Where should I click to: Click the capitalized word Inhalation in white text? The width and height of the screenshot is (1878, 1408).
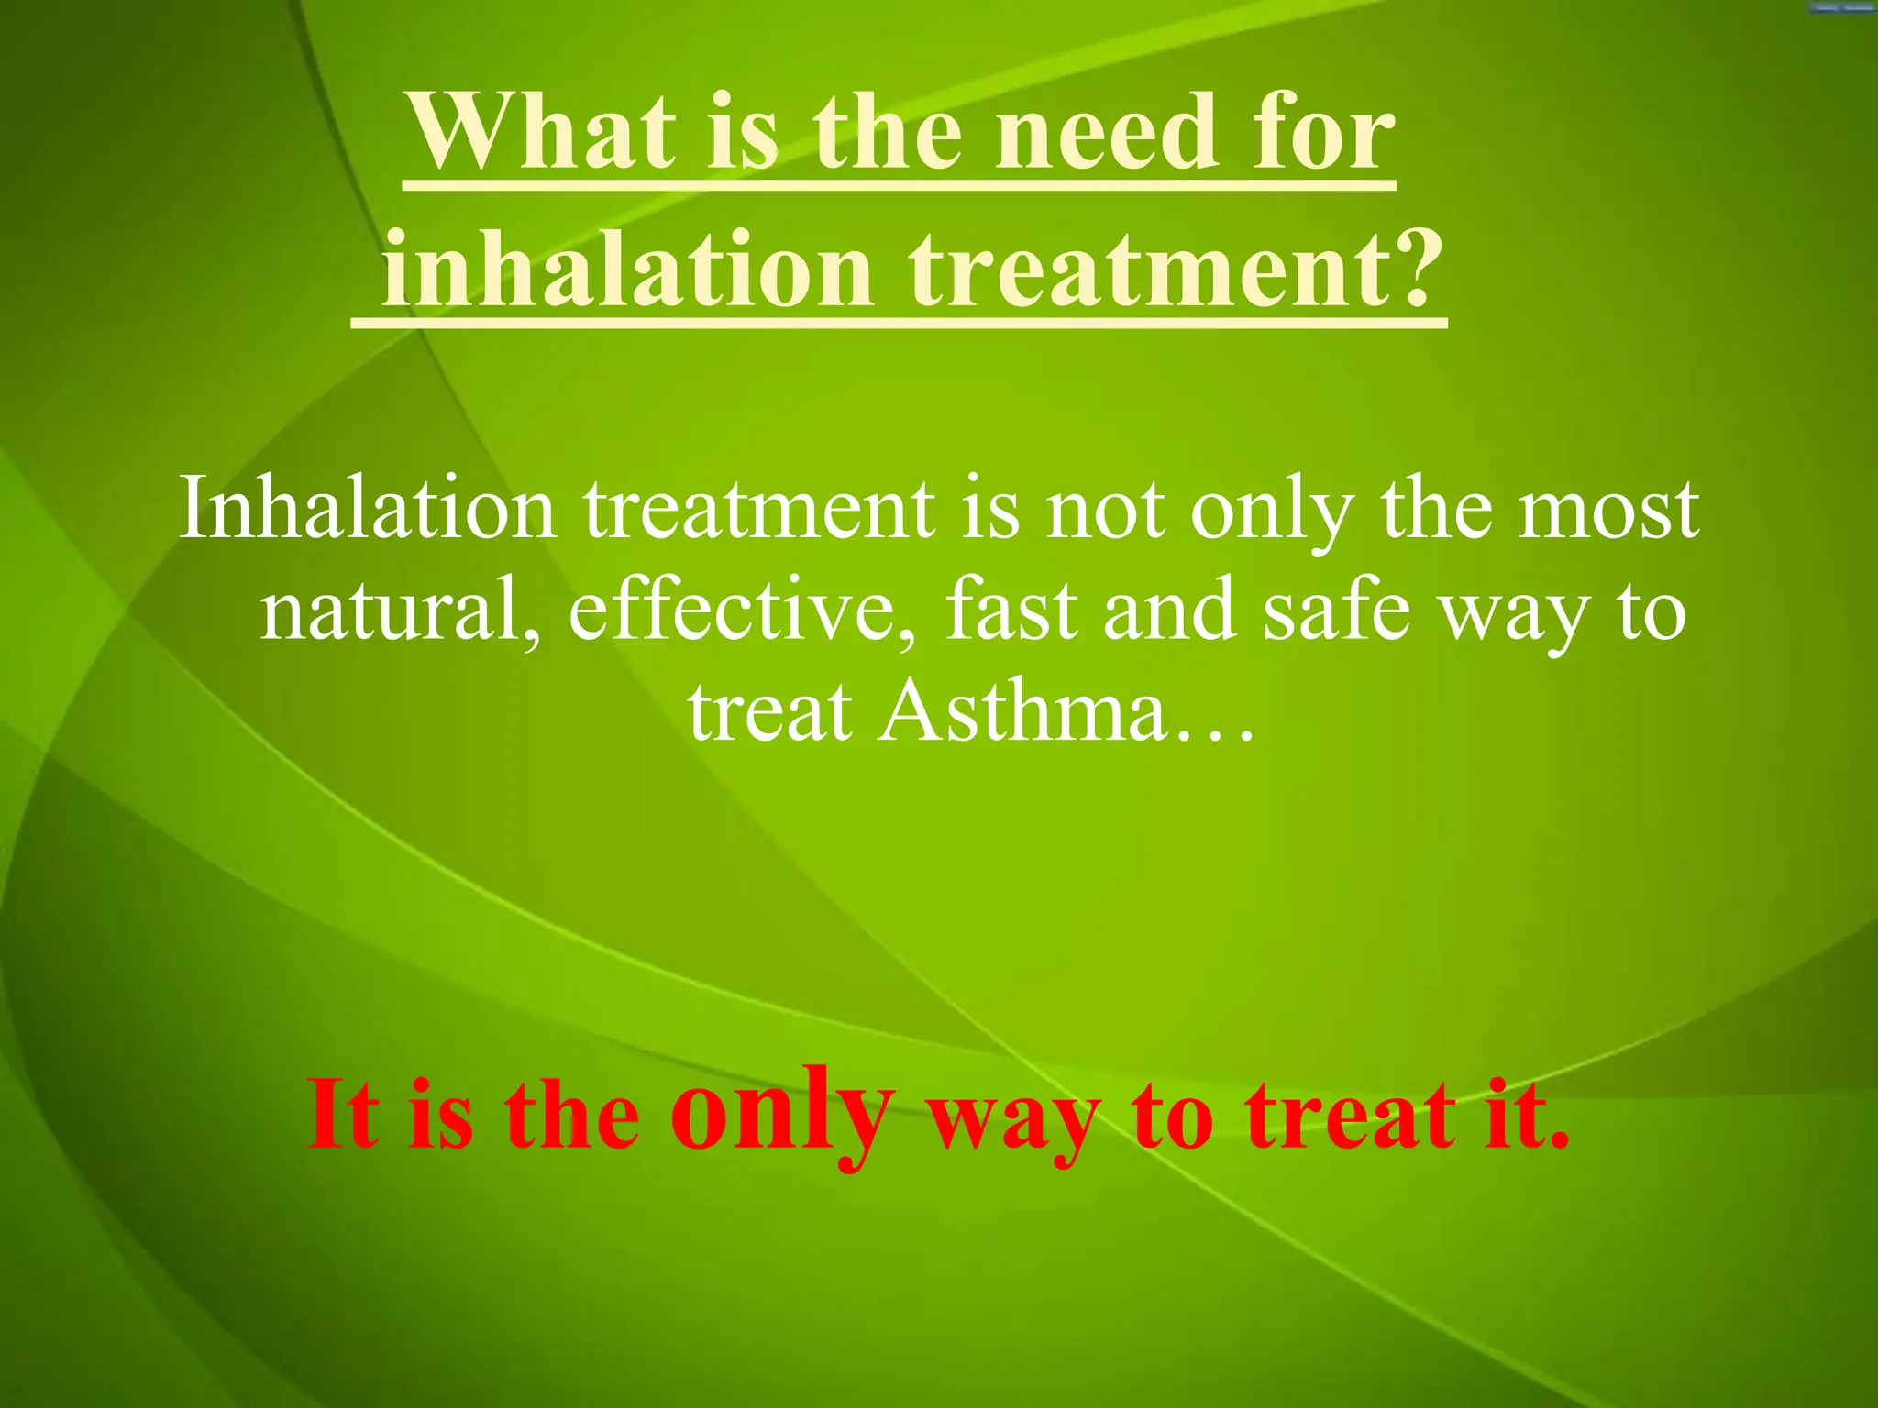(x=367, y=509)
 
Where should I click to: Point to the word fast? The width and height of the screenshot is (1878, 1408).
(x=1010, y=611)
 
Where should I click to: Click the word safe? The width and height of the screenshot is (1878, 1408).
(x=1335, y=611)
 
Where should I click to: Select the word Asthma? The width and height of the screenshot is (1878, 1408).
(x=1022, y=712)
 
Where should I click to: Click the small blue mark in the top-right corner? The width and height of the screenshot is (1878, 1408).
(x=1842, y=7)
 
